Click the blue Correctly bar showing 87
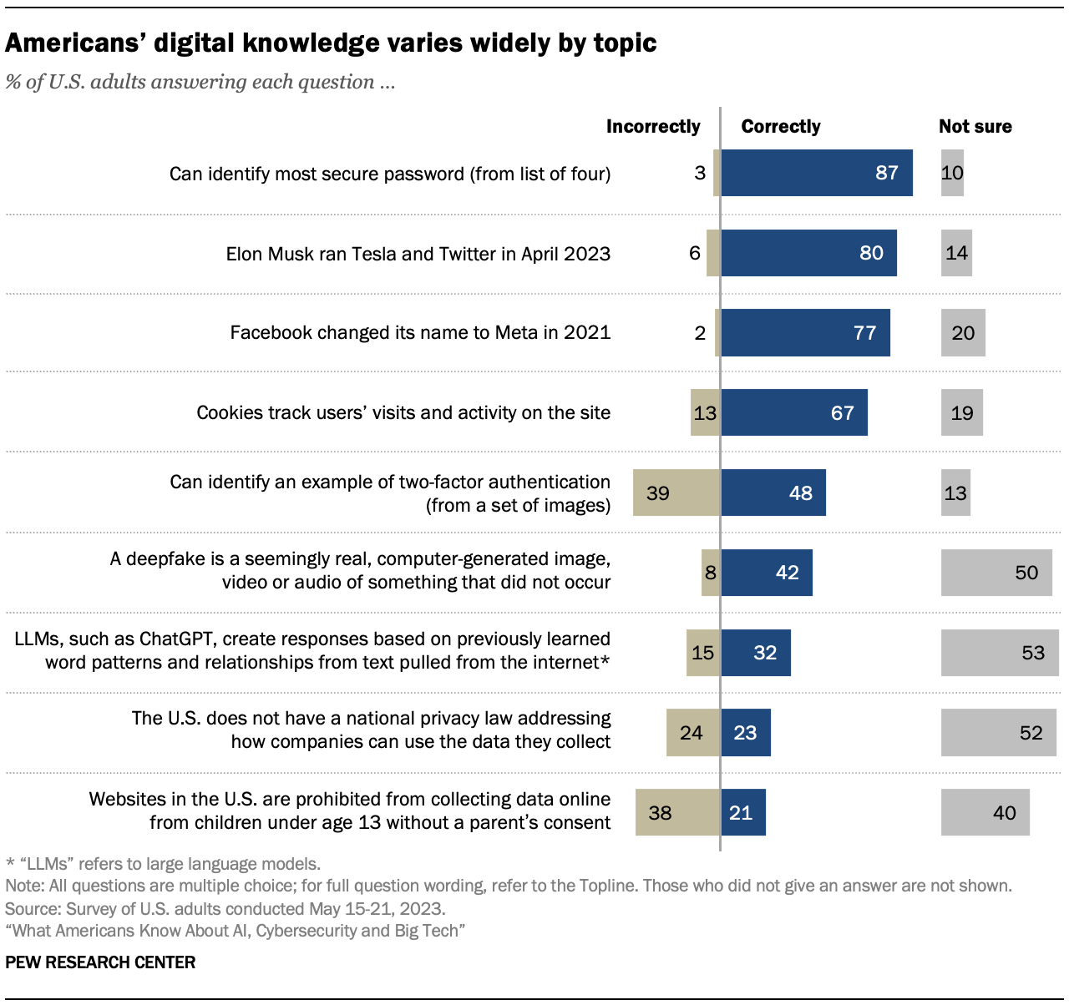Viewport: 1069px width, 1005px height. (816, 173)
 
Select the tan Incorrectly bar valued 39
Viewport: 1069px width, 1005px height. (676, 492)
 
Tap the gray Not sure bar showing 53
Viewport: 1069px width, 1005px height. (999, 652)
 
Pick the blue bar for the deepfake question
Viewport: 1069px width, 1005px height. (766, 573)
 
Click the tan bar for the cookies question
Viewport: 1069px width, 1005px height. (705, 412)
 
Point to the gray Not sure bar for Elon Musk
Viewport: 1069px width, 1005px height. (956, 253)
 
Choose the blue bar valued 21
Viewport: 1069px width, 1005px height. (742, 812)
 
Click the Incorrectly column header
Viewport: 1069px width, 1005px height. (653, 126)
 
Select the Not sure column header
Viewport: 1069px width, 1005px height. (975, 126)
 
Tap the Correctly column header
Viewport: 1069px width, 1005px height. (780, 126)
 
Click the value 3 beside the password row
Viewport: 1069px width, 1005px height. (700, 173)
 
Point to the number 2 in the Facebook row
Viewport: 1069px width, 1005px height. (700, 333)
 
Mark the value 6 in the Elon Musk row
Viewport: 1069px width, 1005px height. (695, 253)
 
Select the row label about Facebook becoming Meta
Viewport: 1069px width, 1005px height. (420, 333)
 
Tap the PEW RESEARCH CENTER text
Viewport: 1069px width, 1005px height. (100, 962)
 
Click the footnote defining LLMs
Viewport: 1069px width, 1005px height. (163, 864)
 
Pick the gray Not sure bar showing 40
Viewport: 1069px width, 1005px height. (985, 812)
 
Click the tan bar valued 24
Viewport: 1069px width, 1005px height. (693, 732)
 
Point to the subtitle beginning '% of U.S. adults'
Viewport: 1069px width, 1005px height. (200, 82)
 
